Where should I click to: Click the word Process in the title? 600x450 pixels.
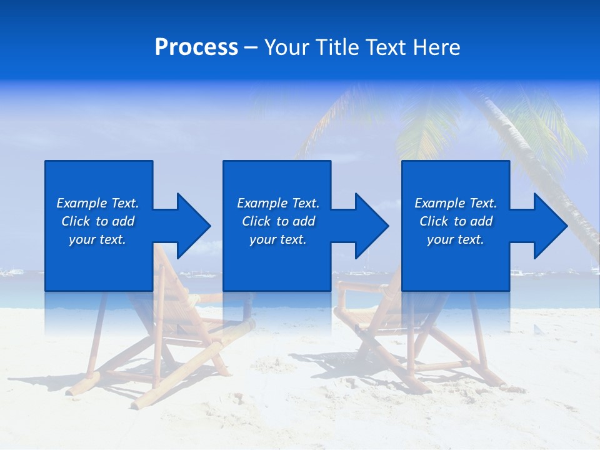(x=196, y=47)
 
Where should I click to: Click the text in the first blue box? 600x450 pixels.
(x=98, y=221)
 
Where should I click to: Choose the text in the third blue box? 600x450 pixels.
(x=456, y=221)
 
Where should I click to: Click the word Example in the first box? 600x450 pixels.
(x=82, y=203)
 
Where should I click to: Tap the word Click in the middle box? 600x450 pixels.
(x=256, y=221)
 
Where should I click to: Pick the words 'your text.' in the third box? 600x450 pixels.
(x=456, y=239)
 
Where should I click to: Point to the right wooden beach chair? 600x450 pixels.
(x=400, y=331)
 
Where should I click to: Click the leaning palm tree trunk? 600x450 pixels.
(x=531, y=156)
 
